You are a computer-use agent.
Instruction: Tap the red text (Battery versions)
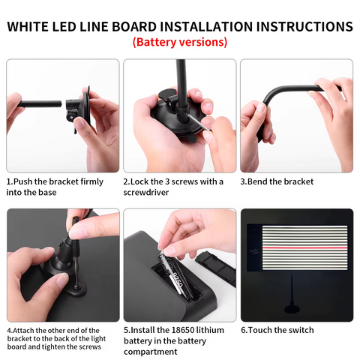tap(180, 42)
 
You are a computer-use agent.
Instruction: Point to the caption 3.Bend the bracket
tap(277, 181)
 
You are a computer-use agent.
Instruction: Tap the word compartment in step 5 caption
tap(153, 351)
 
